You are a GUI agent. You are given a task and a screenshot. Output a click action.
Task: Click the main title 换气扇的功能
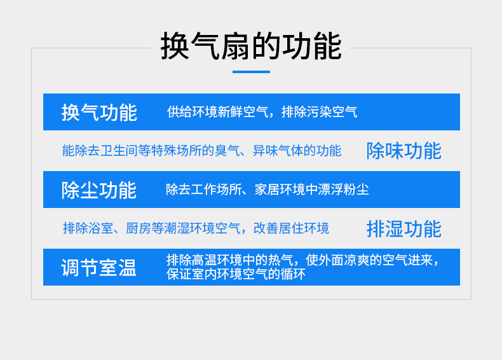click(251, 46)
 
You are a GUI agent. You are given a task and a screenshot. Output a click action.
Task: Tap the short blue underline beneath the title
click(252, 72)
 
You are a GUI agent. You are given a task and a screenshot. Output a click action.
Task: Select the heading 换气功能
click(99, 113)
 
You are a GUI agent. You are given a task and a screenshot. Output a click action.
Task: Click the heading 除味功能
click(404, 151)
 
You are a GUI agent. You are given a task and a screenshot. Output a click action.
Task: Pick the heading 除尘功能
click(99, 190)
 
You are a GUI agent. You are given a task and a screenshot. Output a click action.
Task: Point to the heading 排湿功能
click(404, 229)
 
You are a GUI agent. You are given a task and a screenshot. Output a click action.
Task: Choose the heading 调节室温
click(98, 268)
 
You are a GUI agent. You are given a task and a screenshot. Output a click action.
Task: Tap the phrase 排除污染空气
click(319, 112)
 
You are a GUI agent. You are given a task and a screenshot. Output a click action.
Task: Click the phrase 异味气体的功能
click(297, 151)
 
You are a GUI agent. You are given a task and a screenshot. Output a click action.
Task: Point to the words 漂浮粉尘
click(344, 190)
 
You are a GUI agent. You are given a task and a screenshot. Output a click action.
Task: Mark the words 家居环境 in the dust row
click(280, 190)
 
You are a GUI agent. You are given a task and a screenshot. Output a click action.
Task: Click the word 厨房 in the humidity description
click(139, 228)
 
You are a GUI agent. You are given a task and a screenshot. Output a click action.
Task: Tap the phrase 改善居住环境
click(291, 228)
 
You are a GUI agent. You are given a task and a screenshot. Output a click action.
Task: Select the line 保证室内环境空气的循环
click(236, 274)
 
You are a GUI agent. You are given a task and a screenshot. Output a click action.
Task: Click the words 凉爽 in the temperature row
click(356, 260)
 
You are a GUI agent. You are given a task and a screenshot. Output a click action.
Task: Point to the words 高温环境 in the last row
click(217, 260)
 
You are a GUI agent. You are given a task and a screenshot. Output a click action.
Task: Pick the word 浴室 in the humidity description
click(100, 228)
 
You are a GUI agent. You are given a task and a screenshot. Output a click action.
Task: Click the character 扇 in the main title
click(236, 46)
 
